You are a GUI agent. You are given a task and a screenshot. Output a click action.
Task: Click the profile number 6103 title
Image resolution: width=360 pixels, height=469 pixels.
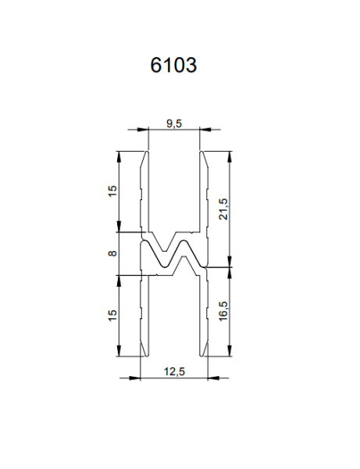point(173,66)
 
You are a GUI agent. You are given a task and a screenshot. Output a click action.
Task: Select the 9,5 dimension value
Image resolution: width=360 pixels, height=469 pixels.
point(173,122)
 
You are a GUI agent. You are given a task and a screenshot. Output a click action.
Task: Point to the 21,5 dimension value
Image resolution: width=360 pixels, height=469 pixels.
point(223,208)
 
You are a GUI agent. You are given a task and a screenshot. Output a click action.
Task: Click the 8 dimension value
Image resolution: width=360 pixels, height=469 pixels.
point(112,253)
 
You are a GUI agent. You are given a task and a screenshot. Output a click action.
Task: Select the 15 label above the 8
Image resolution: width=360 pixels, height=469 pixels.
point(112,191)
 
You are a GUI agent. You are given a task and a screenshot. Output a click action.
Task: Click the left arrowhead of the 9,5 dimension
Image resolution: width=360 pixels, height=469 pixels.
point(144,130)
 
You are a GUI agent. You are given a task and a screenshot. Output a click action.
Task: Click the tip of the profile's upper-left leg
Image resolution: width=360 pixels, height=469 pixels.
point(147,152)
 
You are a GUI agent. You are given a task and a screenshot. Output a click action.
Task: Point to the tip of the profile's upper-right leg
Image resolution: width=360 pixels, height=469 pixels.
point(201,152)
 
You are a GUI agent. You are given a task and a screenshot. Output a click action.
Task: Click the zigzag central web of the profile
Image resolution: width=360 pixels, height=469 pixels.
point(173,255)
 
